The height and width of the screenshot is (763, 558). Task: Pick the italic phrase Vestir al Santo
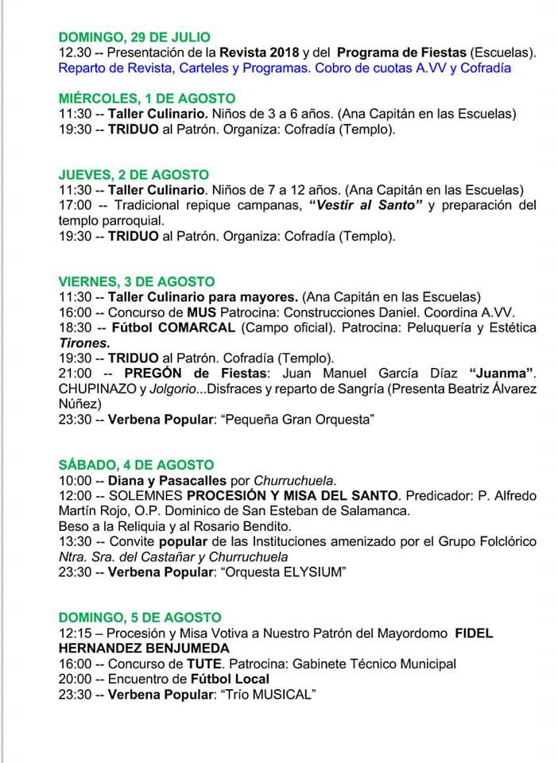click(365, 205)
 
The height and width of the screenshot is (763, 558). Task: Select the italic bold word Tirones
click(84, 343)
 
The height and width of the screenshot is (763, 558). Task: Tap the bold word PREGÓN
click(151, 373)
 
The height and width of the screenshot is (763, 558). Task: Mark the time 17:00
click(75, 205)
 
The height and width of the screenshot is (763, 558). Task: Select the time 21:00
click(75, 373)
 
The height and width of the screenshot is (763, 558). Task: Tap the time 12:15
click(75, 633)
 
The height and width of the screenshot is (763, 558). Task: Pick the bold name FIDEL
click(474, 633)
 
